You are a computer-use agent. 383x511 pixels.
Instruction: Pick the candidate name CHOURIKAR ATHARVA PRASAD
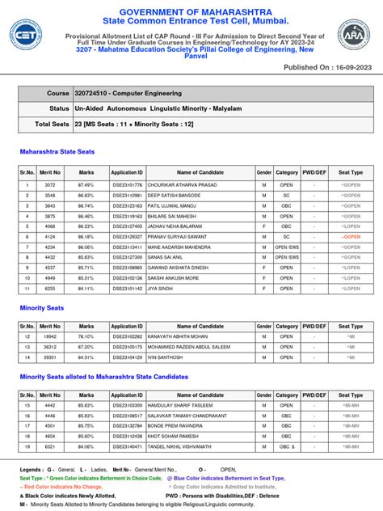191,185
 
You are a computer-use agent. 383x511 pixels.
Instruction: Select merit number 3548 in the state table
50,196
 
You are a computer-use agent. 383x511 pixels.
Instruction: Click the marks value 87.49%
86,185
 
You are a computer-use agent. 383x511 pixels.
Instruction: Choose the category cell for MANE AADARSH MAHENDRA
286,247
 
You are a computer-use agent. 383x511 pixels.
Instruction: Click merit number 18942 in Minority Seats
50,336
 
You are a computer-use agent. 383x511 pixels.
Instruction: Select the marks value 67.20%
86,345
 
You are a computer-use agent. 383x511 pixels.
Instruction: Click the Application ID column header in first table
126,172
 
